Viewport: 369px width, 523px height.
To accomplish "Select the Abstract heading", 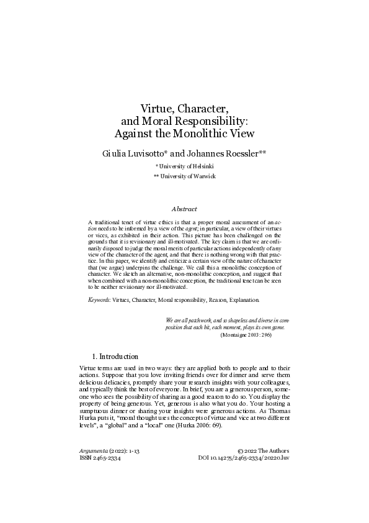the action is coord(184,209).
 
